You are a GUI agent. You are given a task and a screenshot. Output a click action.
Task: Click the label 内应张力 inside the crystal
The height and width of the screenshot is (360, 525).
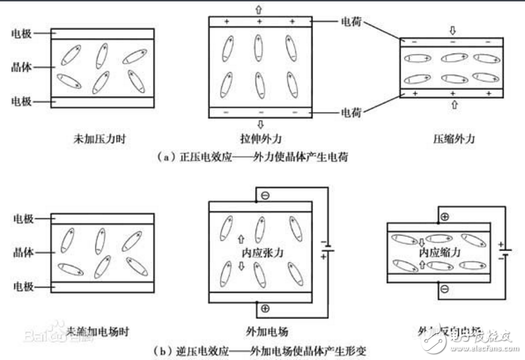click(x=261, y=252)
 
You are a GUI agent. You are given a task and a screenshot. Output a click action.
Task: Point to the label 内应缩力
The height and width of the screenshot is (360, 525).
click(x=441, y=252)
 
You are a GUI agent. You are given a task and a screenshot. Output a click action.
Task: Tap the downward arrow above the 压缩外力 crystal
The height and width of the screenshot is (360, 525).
click(x=452, y=31)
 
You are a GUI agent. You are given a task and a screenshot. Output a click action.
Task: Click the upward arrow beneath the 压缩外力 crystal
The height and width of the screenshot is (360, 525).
click(x=452, y=105)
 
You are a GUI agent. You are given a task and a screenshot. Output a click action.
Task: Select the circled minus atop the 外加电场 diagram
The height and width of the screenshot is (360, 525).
click(x=264, y=195)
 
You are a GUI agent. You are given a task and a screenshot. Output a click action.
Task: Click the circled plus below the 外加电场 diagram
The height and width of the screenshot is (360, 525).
click(x=264, y=309)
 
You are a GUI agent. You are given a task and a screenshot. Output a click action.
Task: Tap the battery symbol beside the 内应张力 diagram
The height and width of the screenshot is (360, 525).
click(x=326, y=250)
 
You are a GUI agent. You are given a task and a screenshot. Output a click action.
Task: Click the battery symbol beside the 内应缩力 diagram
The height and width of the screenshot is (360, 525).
click(x=501, y=251)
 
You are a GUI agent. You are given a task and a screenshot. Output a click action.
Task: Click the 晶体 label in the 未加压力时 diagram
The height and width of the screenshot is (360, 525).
click(x=22, y=68)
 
